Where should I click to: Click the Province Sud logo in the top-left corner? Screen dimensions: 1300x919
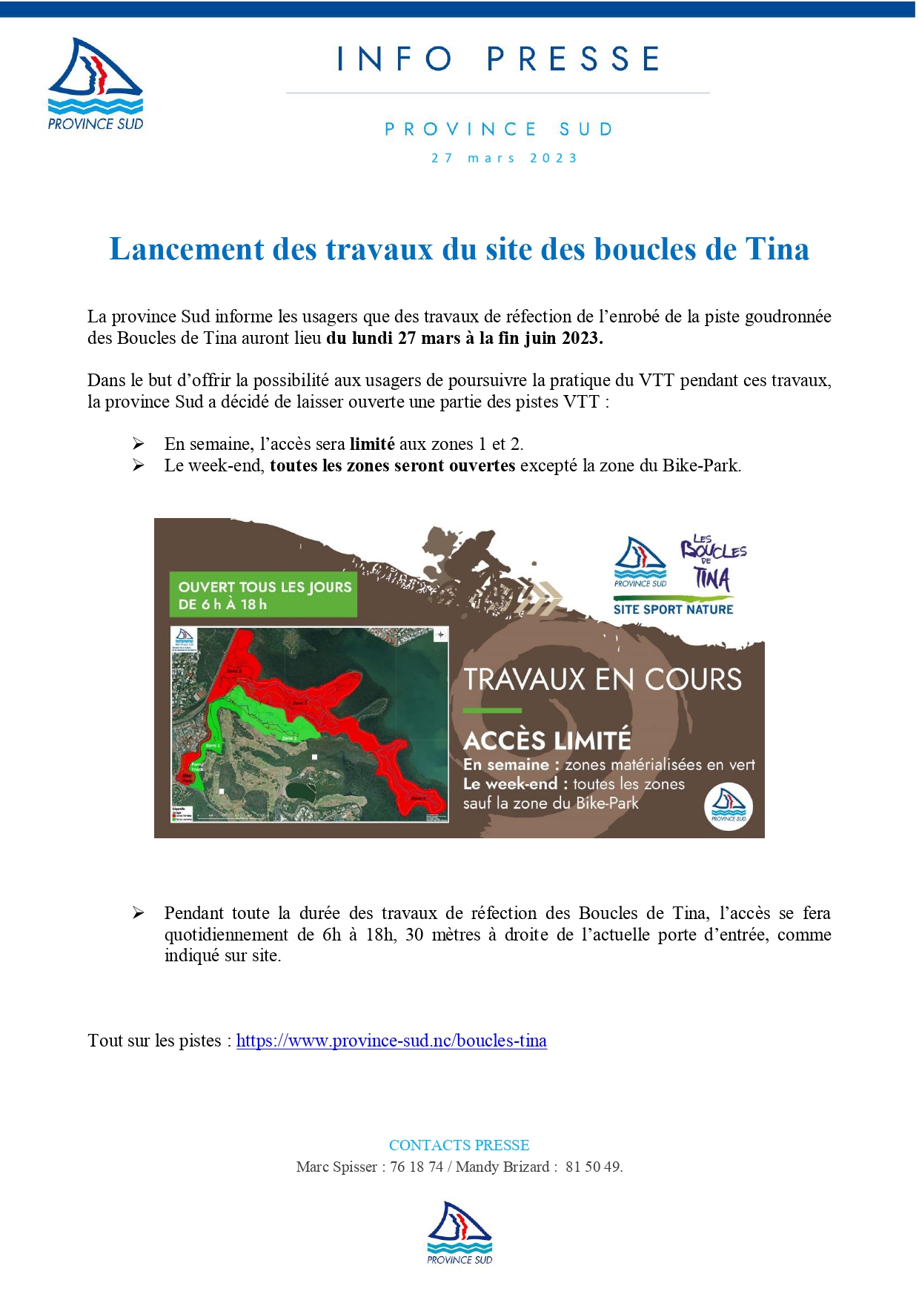[x=95, y=84]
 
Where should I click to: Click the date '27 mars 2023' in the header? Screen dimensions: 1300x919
[x=504, y=158]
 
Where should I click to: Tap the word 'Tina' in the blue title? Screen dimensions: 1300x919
[x=777, y=249]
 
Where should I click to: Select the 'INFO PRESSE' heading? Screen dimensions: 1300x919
[x=498, y=59]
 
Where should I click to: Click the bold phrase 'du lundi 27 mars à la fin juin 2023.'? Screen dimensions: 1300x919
[x=465, y=338]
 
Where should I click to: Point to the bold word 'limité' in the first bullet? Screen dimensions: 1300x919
[x=372, y=444]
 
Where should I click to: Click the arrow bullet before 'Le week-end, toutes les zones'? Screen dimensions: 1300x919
[x=139, y=465]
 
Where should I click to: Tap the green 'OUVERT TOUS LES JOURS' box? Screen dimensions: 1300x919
[x=263, y=595]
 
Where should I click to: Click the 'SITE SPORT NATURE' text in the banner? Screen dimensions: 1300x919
[x=673, y=609]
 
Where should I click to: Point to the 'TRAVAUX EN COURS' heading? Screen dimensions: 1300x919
[x=603, y=680]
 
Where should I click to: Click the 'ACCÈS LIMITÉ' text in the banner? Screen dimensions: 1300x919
[x=547, y=740]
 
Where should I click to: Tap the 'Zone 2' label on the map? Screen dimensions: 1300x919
[x=288, y=738]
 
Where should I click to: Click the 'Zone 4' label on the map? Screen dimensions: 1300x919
[x=419, y=798]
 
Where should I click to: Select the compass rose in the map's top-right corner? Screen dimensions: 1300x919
[x=440, y=634]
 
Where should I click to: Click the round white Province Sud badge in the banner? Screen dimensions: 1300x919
[x=728, y=807]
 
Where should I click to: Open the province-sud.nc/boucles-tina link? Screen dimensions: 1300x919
[x=391, y=1041]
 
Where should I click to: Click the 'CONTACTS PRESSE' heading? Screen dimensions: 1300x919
[x=459, y=1145]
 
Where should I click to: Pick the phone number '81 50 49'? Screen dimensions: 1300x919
[x=593, y=1167]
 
